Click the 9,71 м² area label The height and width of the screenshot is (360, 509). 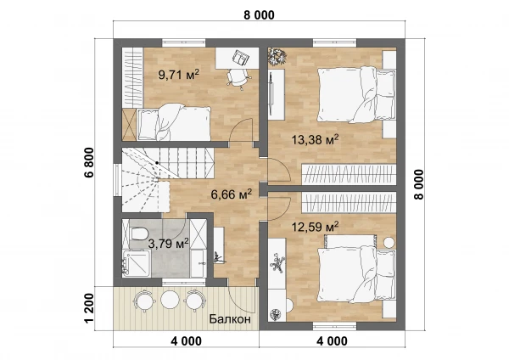pyautogui.click(x=178, y=75)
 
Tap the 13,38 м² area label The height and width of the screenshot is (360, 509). pyautogui.click(x=315, y=140)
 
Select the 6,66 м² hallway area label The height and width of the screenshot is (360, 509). pyautogui.click(x=231, y=194)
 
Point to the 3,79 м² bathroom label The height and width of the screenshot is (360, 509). pyautogui.click(x=168, y=243)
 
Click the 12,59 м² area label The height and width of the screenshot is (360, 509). pyautogui.click(x=315, y=227)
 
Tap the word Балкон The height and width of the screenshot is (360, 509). pyautogui.click(x=230, y=319)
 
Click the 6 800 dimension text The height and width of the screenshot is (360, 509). pyautogui.click(x=89, y=162)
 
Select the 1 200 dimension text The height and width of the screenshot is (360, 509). pyautogui.click(x=89, y=308)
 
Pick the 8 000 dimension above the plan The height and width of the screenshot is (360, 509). pyautogui.click(x=259, y=15)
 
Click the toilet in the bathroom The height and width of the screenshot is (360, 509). pyautogui.click(x=138, y=233)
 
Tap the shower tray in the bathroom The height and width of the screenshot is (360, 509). pyautogui.click(x=137, y=263)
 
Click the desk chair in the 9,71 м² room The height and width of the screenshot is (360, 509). pyautogui.click(x=239, y=78)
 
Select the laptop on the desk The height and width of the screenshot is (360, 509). pyautogui.click(x=241, y=58)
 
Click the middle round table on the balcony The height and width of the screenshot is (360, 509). pyautogui.click(x=171, y=299)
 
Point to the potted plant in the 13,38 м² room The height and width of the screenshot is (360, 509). pyautogui.click(x=277, y=56)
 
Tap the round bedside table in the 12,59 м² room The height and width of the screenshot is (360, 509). pyautogui.click(x=389, y=243)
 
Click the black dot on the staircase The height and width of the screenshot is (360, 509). pyautogui.click(x=157, y=162)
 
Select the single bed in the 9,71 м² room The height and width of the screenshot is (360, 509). pyautogui.click(x=174, y=122)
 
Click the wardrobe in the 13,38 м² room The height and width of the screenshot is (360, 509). pyautogui.click(x=349, y=173)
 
